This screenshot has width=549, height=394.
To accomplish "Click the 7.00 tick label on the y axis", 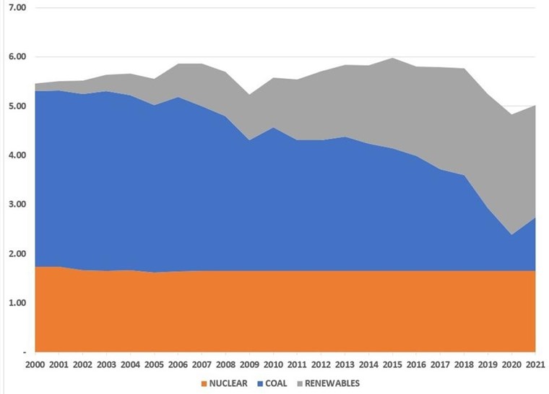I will click(x=15, y=8).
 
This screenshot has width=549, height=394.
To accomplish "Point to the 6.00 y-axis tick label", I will click(x=15, y=57).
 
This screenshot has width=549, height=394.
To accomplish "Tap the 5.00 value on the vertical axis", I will click(x=15, y=106).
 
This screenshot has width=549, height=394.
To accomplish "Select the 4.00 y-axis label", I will click(x=15, y=155).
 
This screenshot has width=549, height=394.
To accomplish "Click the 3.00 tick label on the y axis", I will click(x=15, y=205).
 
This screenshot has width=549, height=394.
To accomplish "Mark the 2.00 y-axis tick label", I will click(x=15, y=254).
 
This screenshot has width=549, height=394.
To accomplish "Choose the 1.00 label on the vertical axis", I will click(x=15, y=303).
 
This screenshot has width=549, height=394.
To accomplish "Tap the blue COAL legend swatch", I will click(x=255, y=383).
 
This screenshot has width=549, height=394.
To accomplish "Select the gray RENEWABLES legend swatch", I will click(x=298, y=383).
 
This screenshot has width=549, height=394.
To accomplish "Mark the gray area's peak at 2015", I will click(x=392, y=59).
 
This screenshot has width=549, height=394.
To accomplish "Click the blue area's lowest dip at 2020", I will click(x=511, y=234).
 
